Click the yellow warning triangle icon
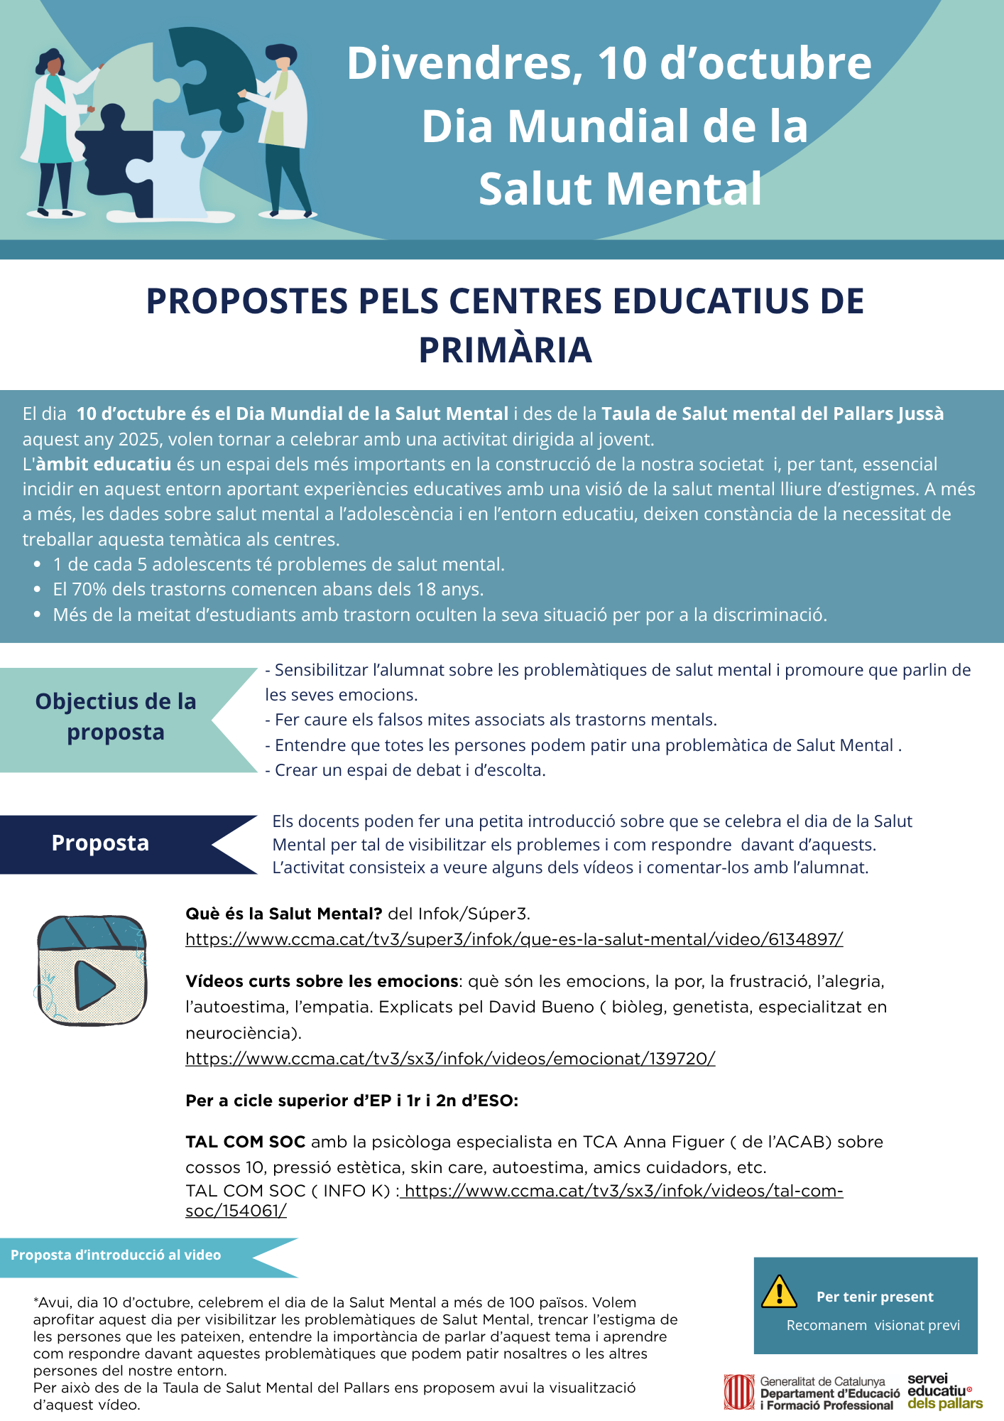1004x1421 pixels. click(778, 1292)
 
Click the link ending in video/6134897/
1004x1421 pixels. click(514, 939)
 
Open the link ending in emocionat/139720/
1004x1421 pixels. click(450, 1059)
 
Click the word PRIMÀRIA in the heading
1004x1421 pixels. click(505, 350)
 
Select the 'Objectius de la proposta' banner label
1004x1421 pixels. click(116, 716)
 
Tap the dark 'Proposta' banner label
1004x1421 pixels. click(100, 843)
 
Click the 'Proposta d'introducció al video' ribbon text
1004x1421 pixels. click(116, 1255)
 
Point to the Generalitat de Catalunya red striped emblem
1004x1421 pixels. click(738, 1392)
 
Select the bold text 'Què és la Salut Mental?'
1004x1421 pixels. click(284, 914)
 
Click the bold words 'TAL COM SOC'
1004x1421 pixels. click(245, 1142)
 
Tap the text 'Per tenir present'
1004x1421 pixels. click(875, 1297)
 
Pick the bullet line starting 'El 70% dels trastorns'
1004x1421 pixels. click(268, 590)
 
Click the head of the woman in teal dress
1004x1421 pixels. click(50, 63)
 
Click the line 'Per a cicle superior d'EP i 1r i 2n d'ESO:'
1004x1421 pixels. click(351, 1101)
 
